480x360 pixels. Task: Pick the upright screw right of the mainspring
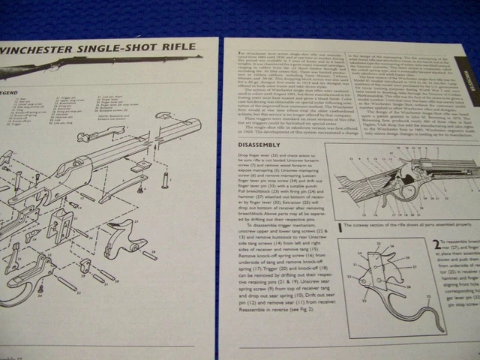163,181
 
